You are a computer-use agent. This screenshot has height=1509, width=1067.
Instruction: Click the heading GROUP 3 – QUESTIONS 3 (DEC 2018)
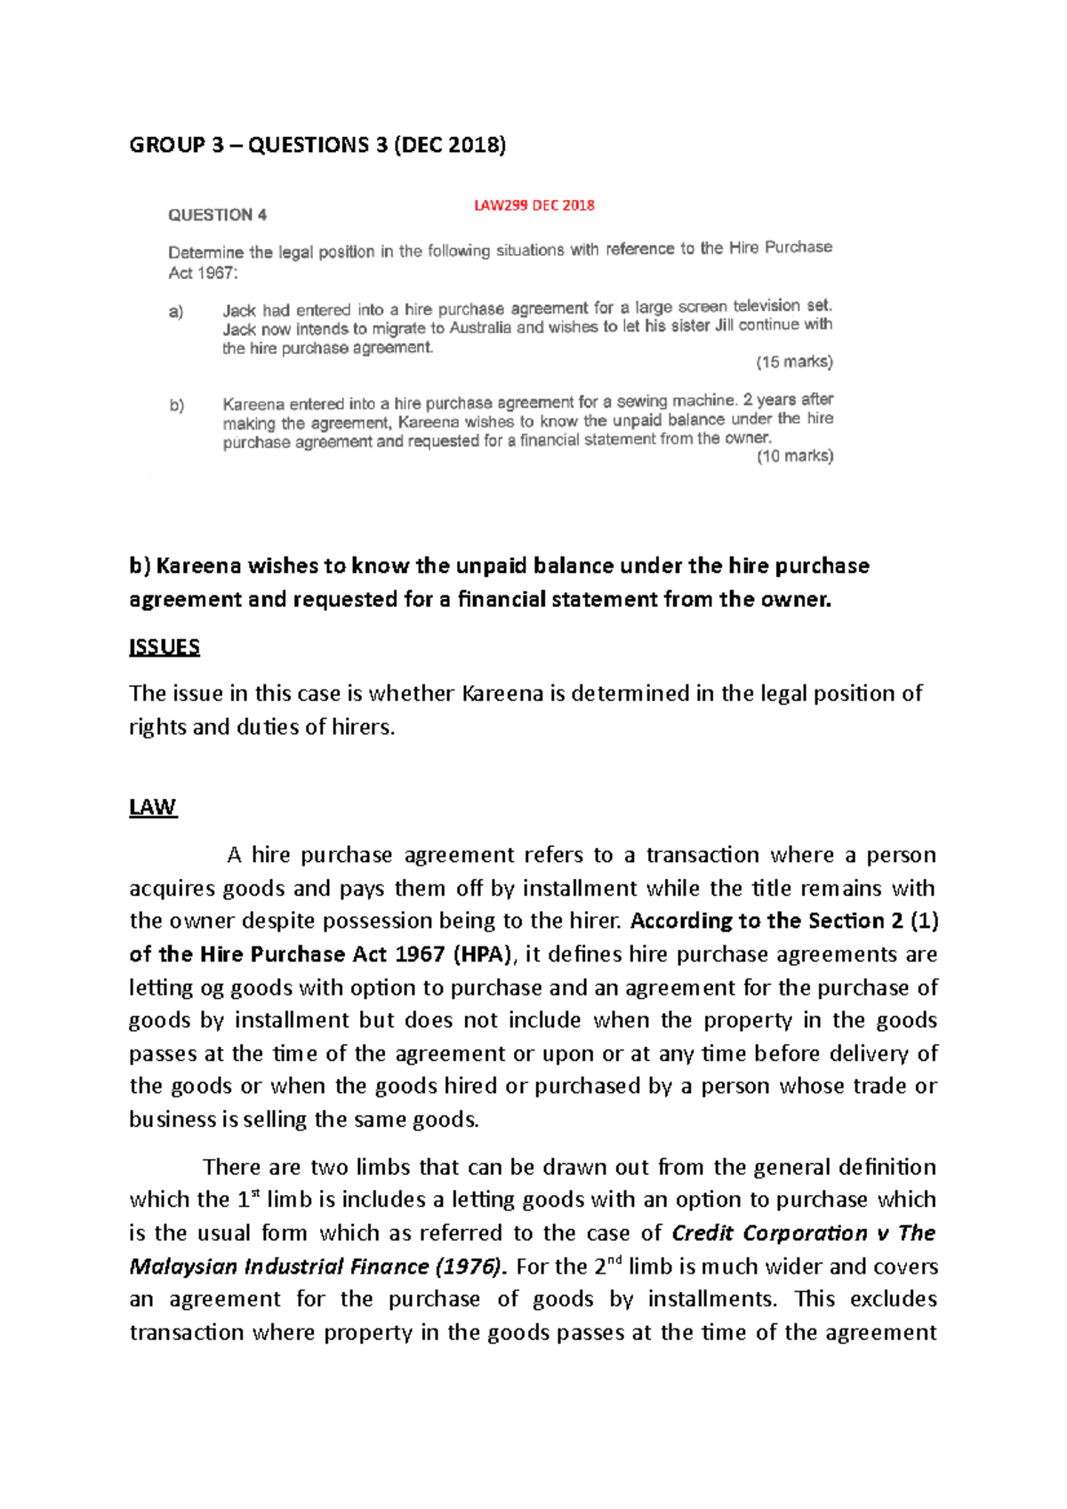(317, 145)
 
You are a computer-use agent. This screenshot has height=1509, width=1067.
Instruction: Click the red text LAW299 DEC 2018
(533, 205)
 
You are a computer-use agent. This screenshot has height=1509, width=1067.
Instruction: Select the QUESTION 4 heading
(217, 215)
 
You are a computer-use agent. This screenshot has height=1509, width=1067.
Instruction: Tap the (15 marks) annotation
(794, 362)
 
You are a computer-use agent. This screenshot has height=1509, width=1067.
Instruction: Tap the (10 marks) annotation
(794, 456)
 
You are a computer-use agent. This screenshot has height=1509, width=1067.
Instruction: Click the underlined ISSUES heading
(164, 647)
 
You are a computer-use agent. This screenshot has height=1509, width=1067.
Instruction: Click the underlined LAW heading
(153, 807)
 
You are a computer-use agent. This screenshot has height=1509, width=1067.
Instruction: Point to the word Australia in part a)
(480, 328)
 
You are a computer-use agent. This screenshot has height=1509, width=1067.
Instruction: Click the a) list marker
(176, 312)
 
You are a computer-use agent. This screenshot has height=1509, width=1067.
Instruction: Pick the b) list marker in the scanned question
(177, 406)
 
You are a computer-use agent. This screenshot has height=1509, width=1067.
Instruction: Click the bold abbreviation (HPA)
(483, 954)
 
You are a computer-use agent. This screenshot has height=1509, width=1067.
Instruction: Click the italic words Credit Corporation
(769, 1234)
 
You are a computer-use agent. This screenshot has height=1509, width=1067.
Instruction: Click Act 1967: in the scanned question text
(204, 273)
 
